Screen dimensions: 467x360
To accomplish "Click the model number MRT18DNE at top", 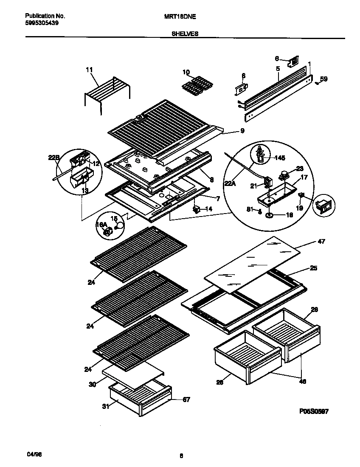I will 179,16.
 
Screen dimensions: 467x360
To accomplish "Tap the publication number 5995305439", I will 39,23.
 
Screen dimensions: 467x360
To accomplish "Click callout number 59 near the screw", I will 323,79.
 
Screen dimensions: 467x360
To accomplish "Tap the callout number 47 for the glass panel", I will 321,242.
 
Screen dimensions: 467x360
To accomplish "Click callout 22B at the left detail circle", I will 53,158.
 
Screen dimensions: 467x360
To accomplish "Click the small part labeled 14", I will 197,209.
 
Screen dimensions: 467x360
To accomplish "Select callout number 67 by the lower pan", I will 186,399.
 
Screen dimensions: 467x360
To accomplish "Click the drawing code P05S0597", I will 313,411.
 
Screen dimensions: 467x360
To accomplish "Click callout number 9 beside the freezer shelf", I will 242,131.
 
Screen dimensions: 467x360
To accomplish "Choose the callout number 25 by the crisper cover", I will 313,268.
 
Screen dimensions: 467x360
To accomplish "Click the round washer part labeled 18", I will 269,216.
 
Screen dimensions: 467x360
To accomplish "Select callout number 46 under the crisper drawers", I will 302,382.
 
